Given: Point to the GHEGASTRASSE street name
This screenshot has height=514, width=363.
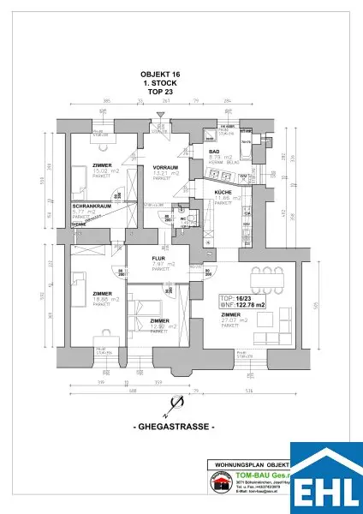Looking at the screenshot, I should (x=180, y=426).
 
